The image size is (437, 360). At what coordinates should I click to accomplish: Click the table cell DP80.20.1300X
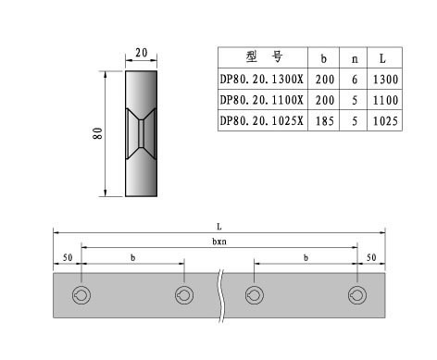point(262,80)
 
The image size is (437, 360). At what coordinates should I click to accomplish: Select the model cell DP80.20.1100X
point(262,100)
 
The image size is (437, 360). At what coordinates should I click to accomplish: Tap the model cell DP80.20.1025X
point(262,120)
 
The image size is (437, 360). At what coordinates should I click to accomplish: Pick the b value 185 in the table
point(325,121)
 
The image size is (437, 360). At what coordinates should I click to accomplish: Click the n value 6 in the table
point(355,80)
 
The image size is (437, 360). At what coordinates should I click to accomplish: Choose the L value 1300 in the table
point(385,80)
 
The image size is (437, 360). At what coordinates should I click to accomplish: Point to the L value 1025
point(385,121)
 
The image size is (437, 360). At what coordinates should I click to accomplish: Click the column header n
point(355,58)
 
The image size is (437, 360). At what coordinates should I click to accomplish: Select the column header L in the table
point(382,58)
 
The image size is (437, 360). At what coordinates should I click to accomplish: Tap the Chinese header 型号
point(264,56)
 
